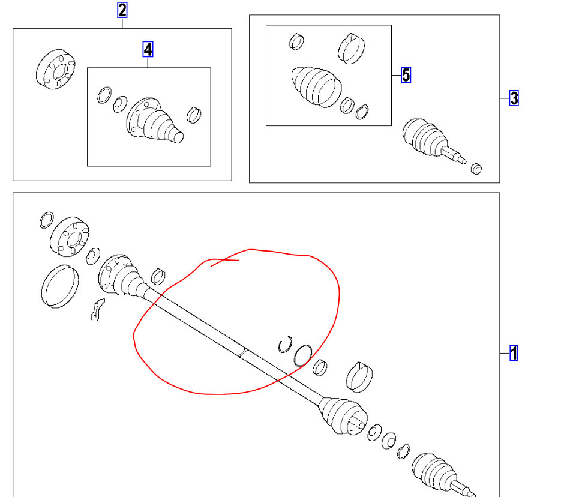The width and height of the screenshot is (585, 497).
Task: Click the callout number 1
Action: (514, 353)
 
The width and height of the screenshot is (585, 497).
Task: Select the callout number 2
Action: (122, 10)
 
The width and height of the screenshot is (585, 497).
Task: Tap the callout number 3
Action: (514, 98)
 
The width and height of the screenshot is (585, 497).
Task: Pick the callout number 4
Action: (148, 49)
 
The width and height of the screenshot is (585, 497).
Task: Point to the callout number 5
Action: (406, 75)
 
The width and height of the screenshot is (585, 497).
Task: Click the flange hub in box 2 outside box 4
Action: (56, 70)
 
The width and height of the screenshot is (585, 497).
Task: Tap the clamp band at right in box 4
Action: (194, 113)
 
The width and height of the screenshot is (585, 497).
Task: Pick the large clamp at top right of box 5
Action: (352, 47)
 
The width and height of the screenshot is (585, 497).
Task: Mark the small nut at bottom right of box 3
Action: (476, 168)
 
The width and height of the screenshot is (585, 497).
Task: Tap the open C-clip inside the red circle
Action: (284, 344)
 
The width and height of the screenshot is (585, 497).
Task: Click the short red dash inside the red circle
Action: (224, 261)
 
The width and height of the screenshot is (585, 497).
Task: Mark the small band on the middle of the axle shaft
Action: (241, 352)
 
